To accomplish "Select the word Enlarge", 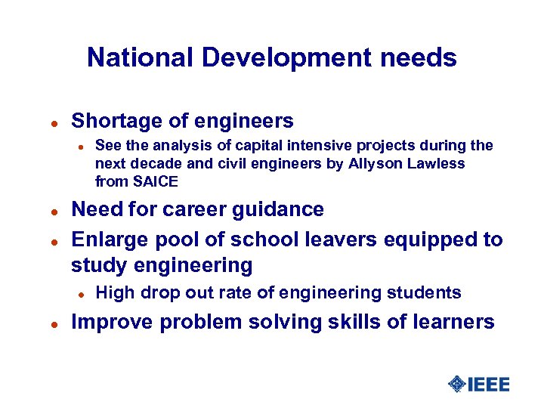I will pos(105,240).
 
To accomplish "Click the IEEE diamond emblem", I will pos(456,385).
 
